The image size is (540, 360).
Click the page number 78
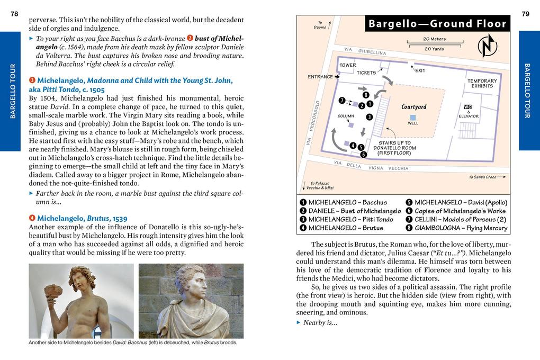click(x=14, y=14)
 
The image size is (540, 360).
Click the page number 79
click(x=525, y=14)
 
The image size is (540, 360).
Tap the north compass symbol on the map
click(x=487, y=46)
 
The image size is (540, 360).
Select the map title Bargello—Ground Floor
click(x=437, y=24)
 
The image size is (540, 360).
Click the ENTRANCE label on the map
click(x=320, y=77)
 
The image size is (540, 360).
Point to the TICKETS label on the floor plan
click(x=366, y=73)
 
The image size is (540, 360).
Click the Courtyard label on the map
click(x=414, y=107)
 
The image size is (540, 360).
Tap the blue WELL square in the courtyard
click(x=413, y=117)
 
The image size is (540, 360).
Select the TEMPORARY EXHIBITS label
click(x=482, y=83)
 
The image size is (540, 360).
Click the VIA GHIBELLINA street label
click(x=365, y=51)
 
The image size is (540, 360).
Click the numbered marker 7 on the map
click(x=342, y=100)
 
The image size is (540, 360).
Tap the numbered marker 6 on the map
click(x=363, y=155)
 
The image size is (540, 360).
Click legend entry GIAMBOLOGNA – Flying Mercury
click(x=456, y=228)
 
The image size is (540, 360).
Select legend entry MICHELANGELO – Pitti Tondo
click(x=346, y=219)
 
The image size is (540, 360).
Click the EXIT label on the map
click(x=420, y=70)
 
